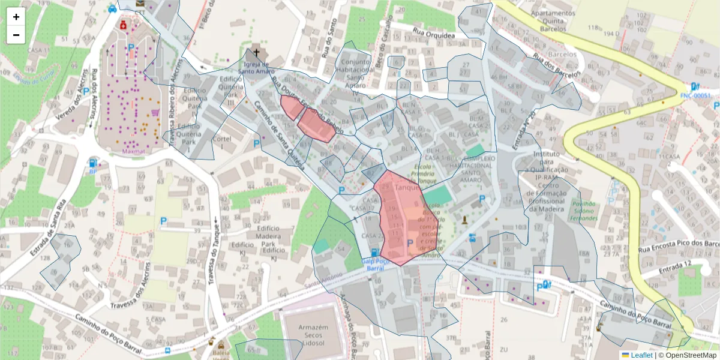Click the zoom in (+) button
(x=16, y=17)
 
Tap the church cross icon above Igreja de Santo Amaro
(x=257, y=52)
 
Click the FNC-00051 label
(x=699, y=95)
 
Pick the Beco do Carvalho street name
(x=384, y=34)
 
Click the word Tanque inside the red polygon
(x=407, y=188)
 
